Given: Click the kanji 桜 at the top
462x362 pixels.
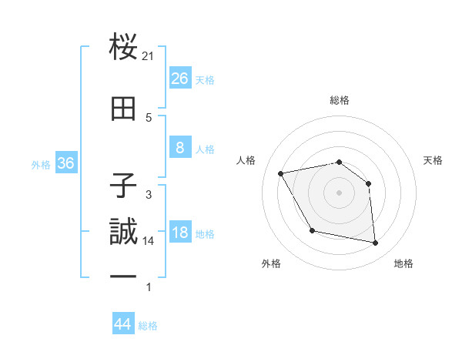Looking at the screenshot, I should coord(124,49).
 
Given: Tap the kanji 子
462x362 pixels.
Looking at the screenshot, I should coord(124,186).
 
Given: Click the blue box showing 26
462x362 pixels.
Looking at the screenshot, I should coord(179,79).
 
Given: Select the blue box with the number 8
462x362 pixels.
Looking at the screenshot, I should coord(179,148).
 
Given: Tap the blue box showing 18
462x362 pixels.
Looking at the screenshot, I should coord(179,233).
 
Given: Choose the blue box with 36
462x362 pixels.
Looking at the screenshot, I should coord(65,164).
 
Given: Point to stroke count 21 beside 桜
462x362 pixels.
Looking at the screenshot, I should coord(149,55).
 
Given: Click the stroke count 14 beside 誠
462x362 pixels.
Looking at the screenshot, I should coord(149,241).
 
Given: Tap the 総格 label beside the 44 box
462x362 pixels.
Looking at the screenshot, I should coord(148,326).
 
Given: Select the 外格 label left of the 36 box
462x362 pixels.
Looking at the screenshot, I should coord(41,165).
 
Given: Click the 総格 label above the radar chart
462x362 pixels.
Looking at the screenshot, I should coord(339,100).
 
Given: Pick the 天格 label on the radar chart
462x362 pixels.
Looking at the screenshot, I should coord(433,160).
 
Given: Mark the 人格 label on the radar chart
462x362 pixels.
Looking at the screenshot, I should coord(246,160).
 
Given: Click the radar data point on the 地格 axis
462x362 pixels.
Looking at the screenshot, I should coord(376,243).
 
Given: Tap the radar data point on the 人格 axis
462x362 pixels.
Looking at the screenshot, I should coord(281,174).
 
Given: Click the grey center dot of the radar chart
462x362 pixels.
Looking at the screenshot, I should coord(339,193).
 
